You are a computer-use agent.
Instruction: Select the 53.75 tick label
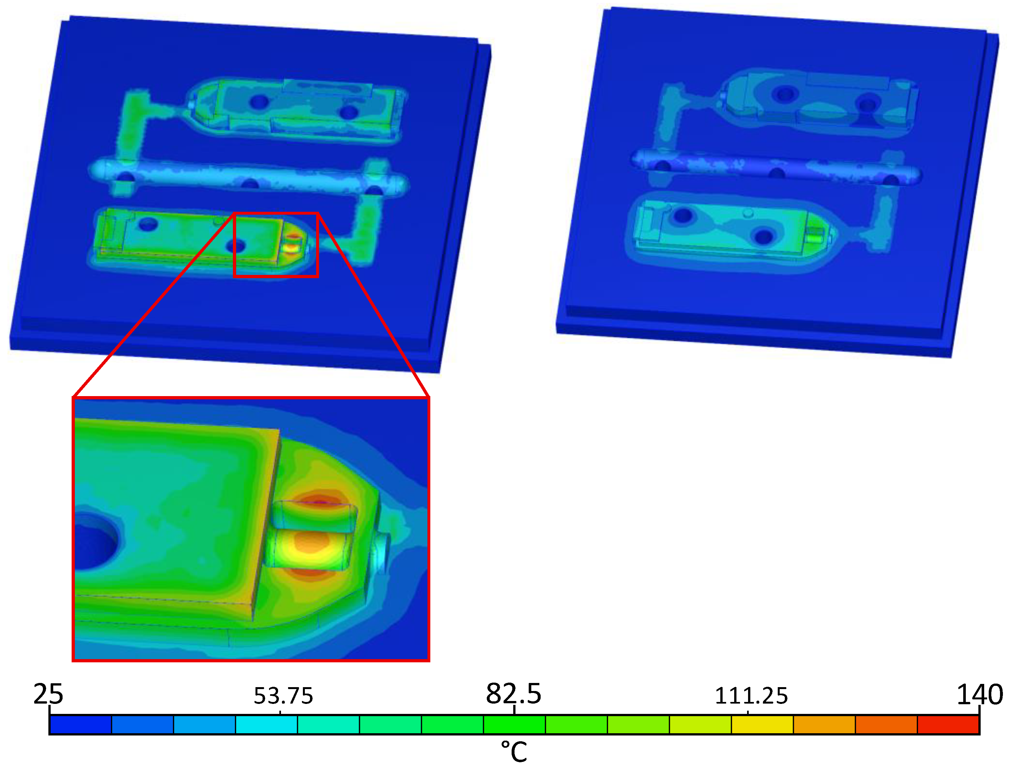(x=284, y=696)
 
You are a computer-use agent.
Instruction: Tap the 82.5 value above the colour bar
(x=514, y=694)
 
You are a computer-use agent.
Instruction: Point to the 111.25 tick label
(x=751, y=696)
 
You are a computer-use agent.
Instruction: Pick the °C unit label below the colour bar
(x=514, y=752)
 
